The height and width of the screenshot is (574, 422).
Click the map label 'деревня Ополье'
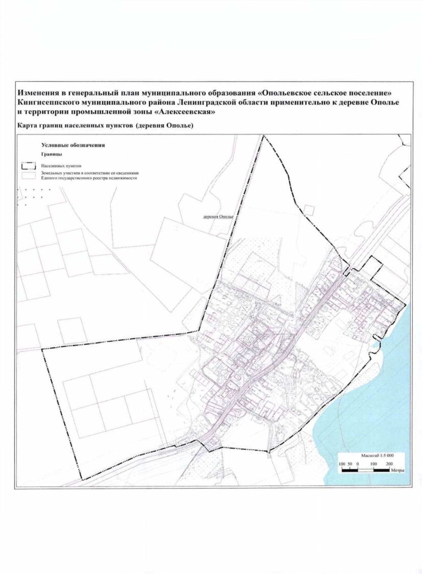(x=218, y=217)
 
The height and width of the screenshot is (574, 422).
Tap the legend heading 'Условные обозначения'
(x=73, y=145)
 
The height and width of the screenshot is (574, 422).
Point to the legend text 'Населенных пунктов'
(x=61, y=165)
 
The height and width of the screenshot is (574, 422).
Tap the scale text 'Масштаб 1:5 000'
(x=377, y=455)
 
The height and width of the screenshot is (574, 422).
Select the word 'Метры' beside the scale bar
(x=397, y=470)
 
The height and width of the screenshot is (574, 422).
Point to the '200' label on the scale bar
(x=389, y=464)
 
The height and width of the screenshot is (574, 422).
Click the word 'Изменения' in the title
(x=39, y=93)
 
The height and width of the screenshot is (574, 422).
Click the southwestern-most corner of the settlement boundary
(x=82, y=479)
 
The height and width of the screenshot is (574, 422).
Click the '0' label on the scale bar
(x=358, y=464)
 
